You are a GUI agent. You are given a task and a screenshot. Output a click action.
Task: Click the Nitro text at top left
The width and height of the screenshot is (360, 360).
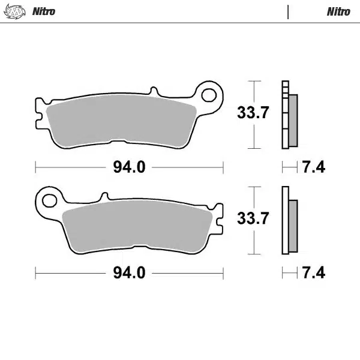[x=43, y=11]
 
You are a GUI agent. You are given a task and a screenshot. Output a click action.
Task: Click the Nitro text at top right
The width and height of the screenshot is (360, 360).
[x=338, y=11]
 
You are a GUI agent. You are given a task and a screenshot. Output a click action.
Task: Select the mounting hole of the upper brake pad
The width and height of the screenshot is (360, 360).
[x=209, y=94]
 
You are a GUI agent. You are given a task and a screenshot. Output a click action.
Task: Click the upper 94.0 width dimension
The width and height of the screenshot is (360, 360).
[x=129, y=167]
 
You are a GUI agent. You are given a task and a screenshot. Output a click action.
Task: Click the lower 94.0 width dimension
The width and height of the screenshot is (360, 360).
[x=129, y=273]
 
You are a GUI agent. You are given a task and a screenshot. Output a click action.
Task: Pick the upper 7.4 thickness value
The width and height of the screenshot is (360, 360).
[x=313, y=167]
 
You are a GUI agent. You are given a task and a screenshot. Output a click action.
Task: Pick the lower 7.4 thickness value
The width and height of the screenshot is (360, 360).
[x=313, y=273]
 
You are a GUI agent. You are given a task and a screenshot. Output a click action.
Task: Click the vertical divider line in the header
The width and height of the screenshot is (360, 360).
[x=288, y=12]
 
